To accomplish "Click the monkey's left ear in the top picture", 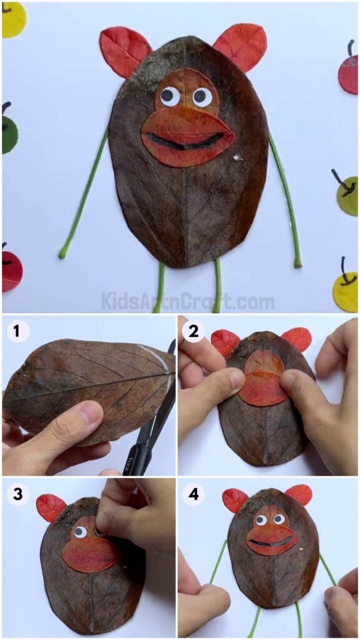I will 123,50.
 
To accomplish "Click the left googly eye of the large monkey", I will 169,96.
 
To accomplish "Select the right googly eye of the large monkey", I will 202,96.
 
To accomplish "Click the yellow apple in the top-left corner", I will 12,19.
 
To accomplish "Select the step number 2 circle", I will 194,332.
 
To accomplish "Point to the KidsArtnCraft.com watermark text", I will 187,302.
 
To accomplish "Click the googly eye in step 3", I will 80,532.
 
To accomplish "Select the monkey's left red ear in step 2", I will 225,342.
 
